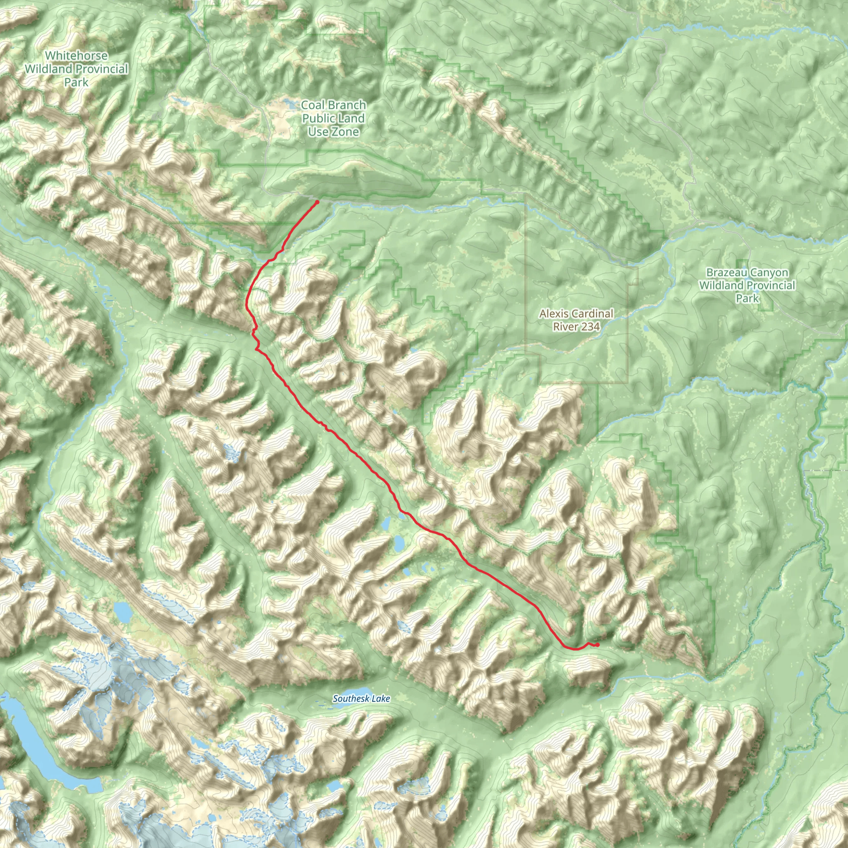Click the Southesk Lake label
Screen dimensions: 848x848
pyautogui.click(x=361, y=699)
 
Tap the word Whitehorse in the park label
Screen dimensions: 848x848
pyautogui.click(x=76, y=56)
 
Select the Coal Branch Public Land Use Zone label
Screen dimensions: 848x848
pyautogui.click(x=333, y=118)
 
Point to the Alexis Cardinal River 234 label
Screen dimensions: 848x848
pyautogui.click(x=576, y=320)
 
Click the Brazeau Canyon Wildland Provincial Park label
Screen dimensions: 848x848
pyautogui.click(x=747, y=285)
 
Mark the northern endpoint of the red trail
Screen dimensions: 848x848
pyautogui.click(x=317, y=202)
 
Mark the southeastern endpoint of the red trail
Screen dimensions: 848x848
pyautogui.click(x=597, y=645)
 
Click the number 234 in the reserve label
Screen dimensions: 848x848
pyautogui.click(x=589, y=327)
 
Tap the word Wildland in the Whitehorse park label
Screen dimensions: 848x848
pyautogui.click(x=46, y=69)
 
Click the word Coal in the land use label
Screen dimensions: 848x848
pyautogui.click(x=313, y=105)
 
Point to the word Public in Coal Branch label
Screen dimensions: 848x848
pyautogui.click(x=316, y=118)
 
